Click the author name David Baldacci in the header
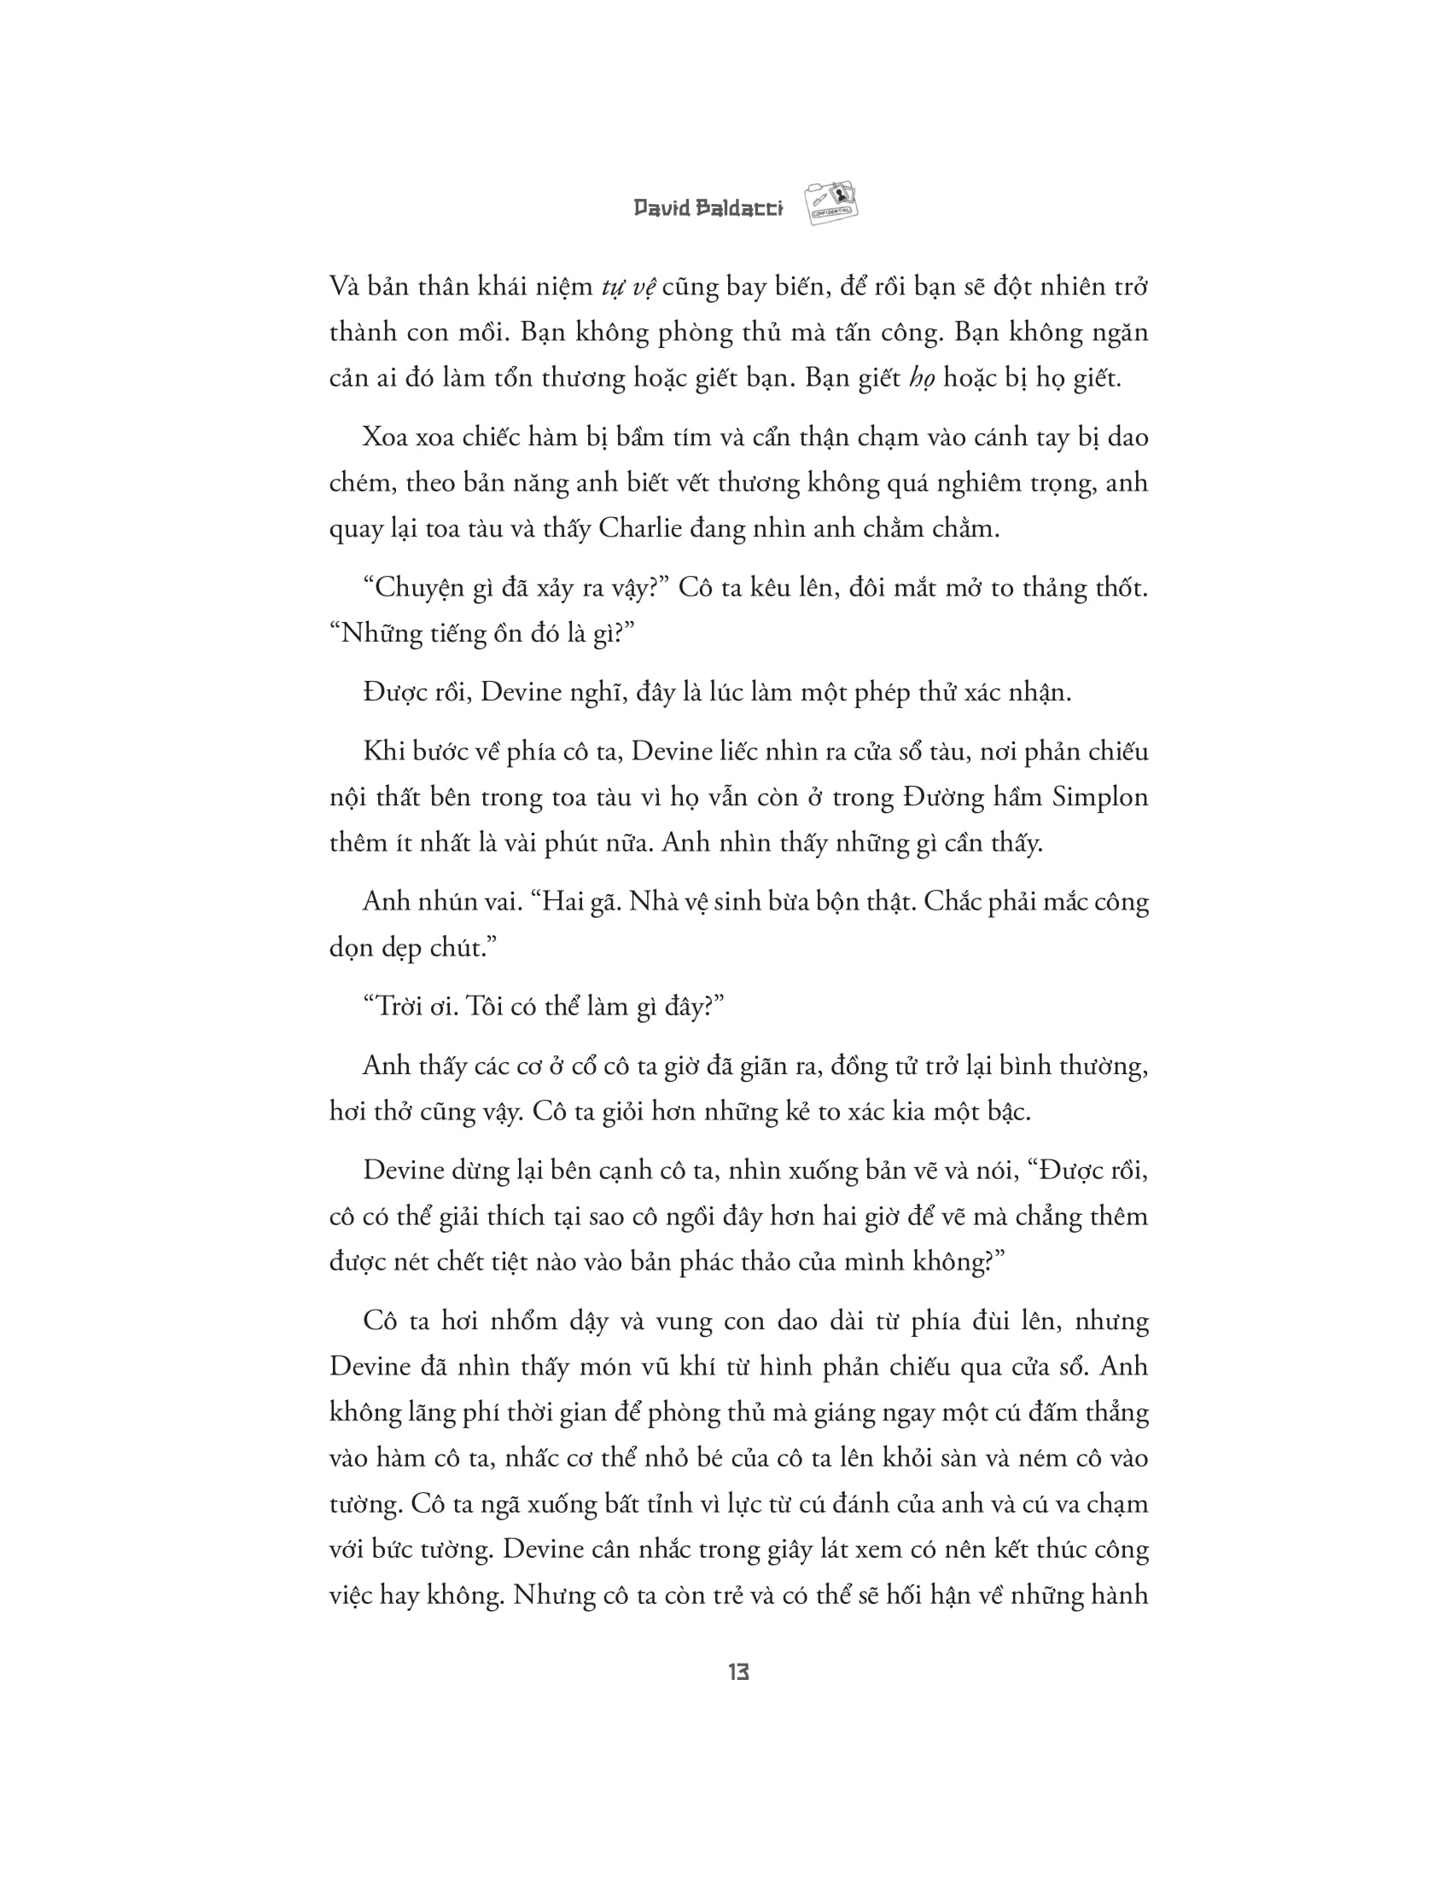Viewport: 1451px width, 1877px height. (708, 209)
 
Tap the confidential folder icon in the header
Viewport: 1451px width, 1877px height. (831, 203)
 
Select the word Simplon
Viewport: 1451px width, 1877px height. (1099, 797)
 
